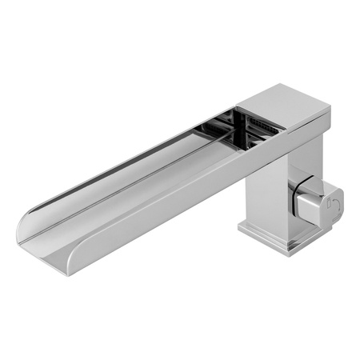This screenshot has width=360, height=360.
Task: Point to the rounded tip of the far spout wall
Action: pyautogui.click(x=22, y=226)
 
